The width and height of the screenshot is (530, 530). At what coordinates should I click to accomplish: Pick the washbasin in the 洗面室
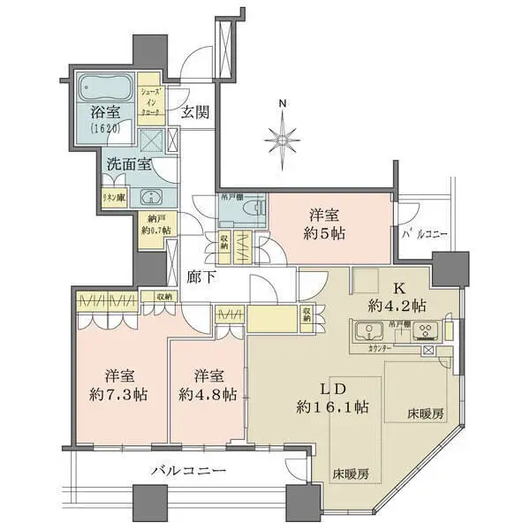point(150,198)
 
